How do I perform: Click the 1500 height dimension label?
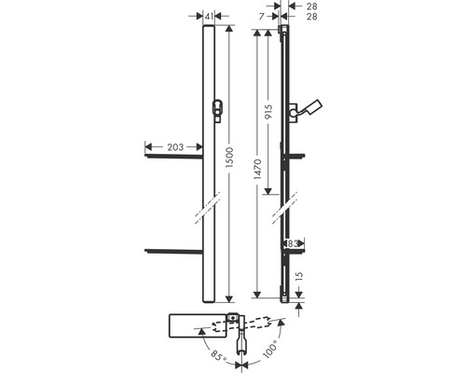[229, 158]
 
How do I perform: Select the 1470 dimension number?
[257, 169]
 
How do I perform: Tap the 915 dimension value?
[268, 112]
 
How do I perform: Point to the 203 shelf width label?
[175, 147]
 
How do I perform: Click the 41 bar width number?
[209, 16]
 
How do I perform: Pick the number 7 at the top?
[262, 16]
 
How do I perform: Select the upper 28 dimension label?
[312, 7]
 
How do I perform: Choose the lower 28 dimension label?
[312, 17]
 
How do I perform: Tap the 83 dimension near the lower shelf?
[293, 243]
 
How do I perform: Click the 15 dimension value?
[299, 275]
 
